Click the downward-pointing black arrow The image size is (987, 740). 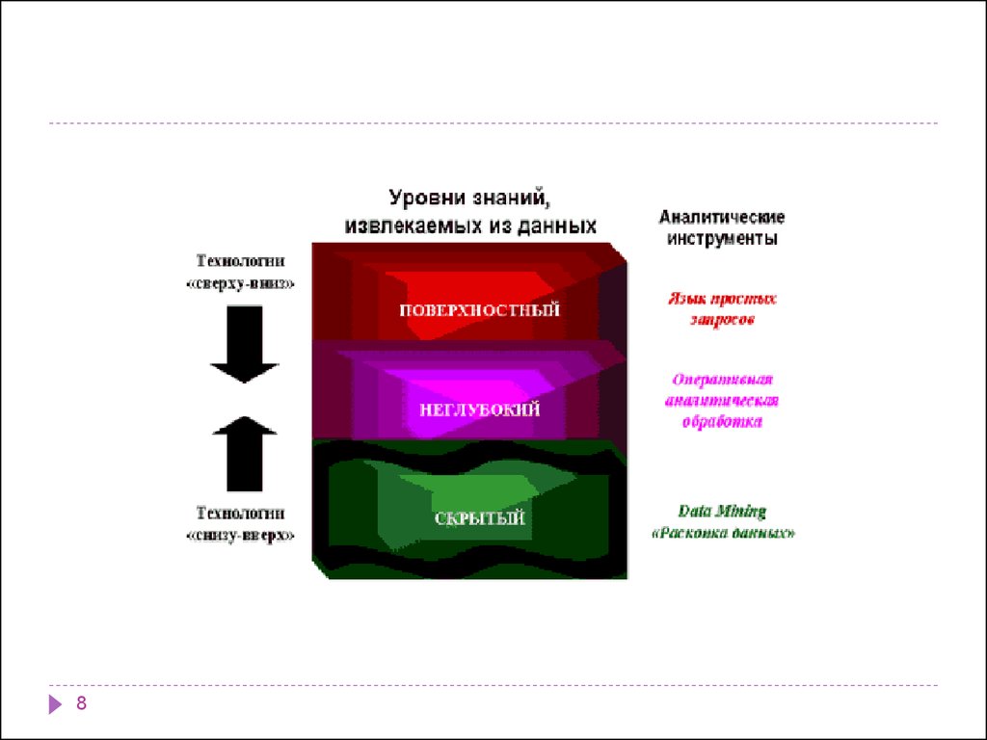[244, 346]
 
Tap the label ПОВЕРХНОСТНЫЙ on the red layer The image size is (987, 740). [480, 310]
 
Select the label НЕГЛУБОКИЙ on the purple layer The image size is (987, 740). [480, 410]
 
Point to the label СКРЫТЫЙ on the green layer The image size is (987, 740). [480, 518]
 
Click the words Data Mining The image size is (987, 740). [722, 512]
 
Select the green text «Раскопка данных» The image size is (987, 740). [724, 533]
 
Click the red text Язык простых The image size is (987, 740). [722, 299]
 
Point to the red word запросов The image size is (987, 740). [722, 320]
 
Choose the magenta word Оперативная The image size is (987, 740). [722, 380]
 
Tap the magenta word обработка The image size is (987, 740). [722, 422]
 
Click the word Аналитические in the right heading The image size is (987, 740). [722, 217]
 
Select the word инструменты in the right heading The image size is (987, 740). [722, 238]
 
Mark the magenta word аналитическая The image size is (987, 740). [722, 401]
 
